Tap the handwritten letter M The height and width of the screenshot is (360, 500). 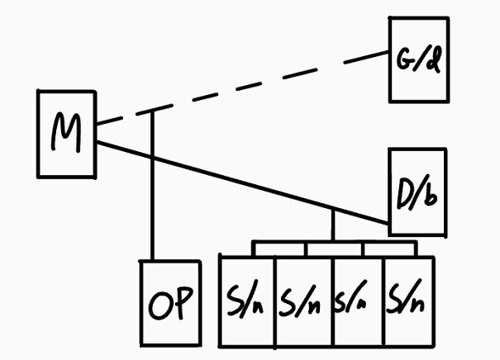click(x=66, y=134)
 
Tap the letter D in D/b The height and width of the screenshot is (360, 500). click(x=405, y=193)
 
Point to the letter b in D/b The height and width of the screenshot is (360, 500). click(x=431, y=195)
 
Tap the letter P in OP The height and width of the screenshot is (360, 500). click(x=183, y=306)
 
